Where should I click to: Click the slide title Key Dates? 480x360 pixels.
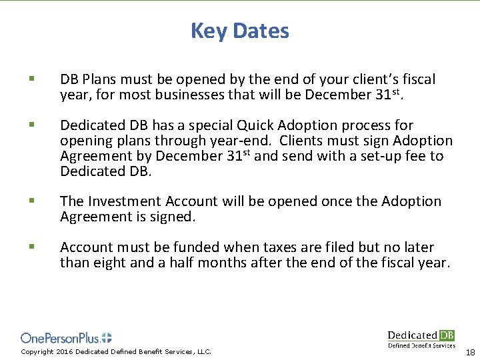(240, 31)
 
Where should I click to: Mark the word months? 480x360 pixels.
(221, 263)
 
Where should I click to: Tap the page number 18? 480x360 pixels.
(470, 352)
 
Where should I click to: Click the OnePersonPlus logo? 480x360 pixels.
(66, 338)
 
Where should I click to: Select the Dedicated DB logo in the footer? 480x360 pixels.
(421, 338)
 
